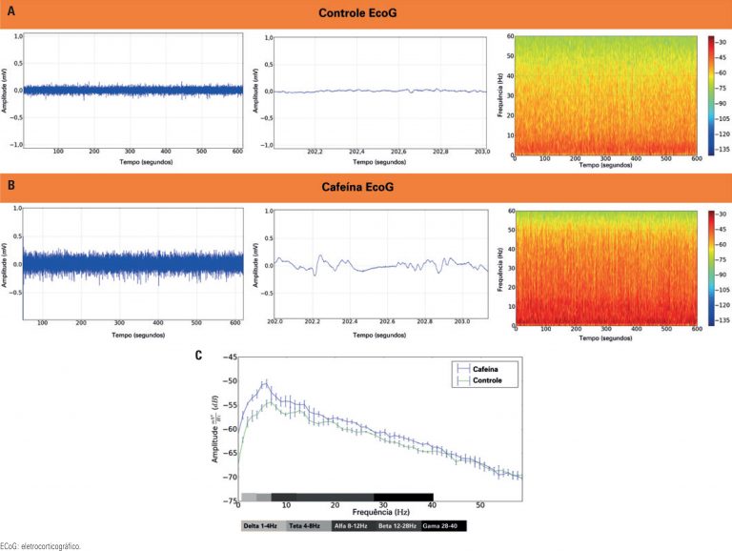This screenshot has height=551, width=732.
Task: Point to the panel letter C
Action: pyautogui.click(x=197, y=356)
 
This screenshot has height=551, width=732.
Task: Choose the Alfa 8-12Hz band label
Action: pyautogui.click(x=353, y=525)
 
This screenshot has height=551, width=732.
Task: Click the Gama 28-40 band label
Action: pyautogui.click(x=442, y=525)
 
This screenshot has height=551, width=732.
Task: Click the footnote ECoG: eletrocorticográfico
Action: pyautogui.click(x=41, y=545)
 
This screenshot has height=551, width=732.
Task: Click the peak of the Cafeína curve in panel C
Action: pyautogui.click(x=265, y=382)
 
